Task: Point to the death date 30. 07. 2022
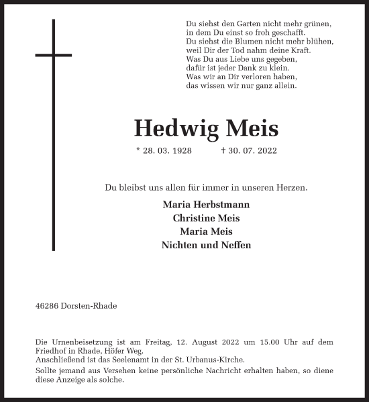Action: pos(252,151)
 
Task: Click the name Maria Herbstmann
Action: pos(206,204)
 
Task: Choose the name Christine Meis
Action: pos(206,218)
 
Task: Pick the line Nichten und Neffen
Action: pos(206,246)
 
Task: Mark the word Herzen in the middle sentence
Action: pos(293,188)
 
